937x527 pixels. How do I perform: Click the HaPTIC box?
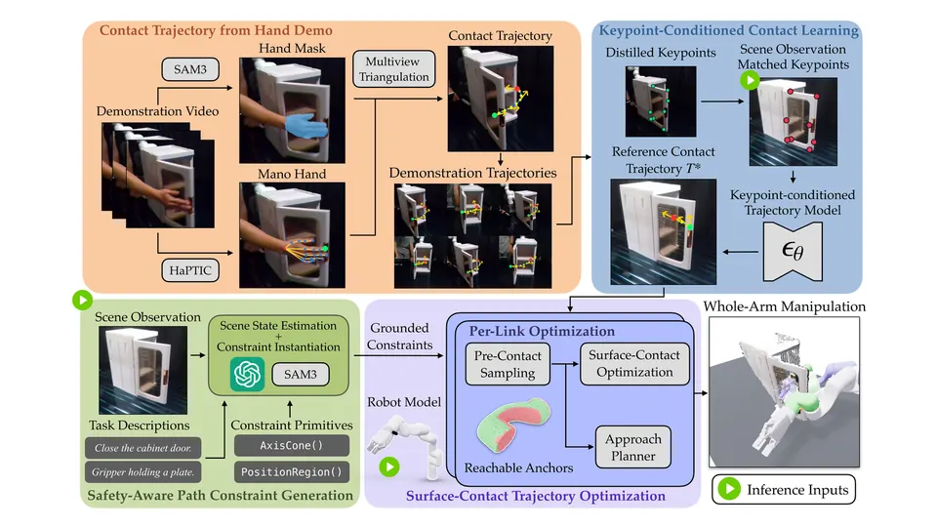point(190,270)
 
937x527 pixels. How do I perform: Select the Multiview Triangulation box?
point(393,69)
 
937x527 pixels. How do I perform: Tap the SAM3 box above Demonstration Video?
point(190,69)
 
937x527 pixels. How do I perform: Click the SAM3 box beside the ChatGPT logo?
point(300,375)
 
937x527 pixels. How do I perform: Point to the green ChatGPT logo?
point(247,374)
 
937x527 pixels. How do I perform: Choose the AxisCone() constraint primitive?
point(292,446)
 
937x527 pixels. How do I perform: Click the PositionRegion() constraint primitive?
point(292,472)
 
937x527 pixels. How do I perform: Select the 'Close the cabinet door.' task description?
point(143,448)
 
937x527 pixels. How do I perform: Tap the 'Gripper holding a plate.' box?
point(143,472)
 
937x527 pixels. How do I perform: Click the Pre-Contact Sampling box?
point(508,364)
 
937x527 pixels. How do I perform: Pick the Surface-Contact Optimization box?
point(634,364)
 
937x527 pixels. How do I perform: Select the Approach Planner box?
point(633,448)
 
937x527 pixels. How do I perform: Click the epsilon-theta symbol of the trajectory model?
point(793,251)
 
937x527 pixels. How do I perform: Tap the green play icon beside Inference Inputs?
point(729,489)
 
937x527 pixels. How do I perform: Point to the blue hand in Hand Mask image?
point(306,127)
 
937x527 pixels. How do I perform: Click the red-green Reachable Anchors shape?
point(513,425)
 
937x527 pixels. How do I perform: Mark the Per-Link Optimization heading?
point(542,331)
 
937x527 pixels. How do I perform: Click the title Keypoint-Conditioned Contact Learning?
point(728,30)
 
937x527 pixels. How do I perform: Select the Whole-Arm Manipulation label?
point(784,306)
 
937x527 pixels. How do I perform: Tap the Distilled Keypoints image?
point(661,101)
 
